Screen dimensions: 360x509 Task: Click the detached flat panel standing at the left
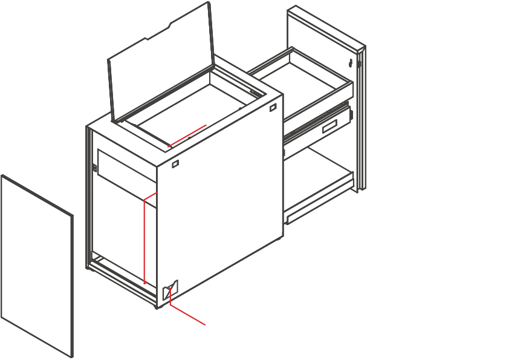tap(36, 266)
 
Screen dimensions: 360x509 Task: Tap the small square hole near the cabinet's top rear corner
tap(273, 107)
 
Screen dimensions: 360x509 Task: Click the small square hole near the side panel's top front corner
tap(175, 164)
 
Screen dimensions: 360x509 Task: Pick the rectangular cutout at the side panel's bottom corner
tap(169, 290)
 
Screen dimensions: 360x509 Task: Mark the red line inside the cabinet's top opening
tap(187, 135)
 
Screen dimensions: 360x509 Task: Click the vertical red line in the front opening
tap(144, 242)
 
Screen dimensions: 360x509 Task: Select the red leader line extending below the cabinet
tap(187, 315)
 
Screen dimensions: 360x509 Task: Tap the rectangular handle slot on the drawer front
tap(330, 126)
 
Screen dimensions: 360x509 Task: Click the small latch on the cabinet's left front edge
tap(95, 168)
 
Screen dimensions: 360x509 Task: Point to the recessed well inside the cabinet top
tap(193, 109)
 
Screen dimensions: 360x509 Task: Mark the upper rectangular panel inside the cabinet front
tap(124, 168)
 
